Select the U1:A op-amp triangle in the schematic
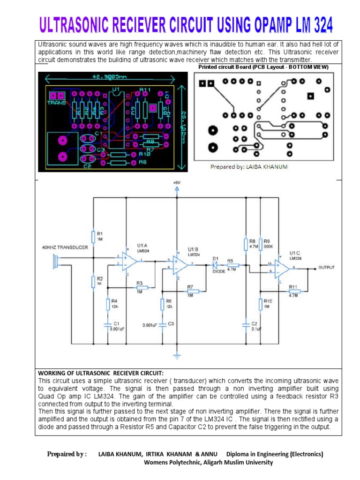point(128,261)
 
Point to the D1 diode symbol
point(216,265)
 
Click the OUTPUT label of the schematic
point(327,268)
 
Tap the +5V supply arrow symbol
point(177,189)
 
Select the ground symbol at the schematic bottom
point(177,356)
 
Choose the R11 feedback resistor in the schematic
point(294,292)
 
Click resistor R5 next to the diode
point(232,265)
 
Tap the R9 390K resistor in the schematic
point(261,244)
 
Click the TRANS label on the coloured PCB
point(56,102)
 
